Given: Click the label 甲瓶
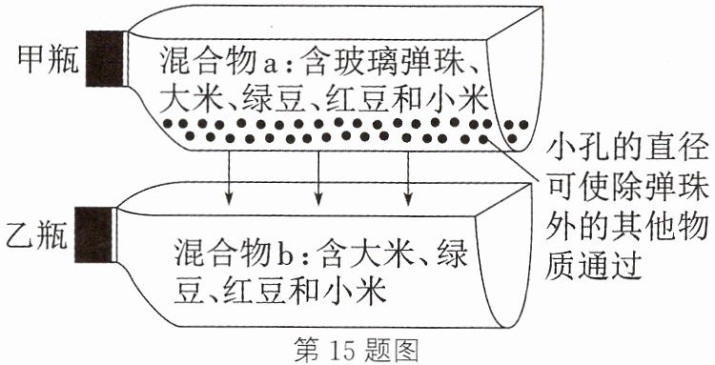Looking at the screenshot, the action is (48, 60).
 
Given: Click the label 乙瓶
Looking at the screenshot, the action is (36, 235).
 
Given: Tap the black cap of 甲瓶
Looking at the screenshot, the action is (105, 58).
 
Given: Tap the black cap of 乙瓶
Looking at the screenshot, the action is (93, 234).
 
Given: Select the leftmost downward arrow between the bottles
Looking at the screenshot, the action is (229, 178).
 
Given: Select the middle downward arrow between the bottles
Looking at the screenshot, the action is (318, 178).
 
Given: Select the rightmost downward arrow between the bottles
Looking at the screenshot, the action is (408, 178).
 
